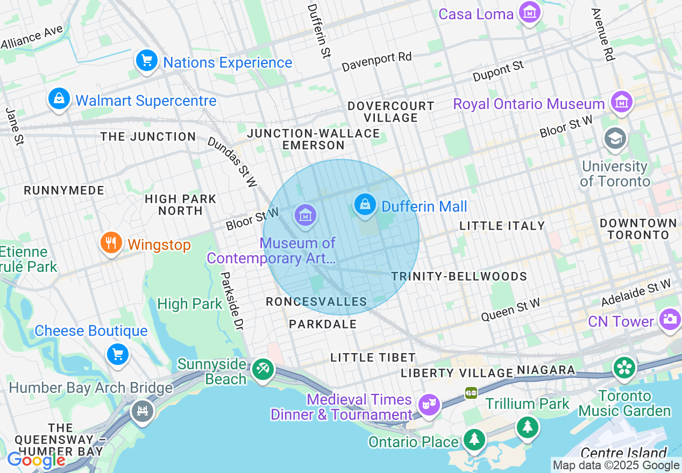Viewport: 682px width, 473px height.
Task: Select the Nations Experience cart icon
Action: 146,61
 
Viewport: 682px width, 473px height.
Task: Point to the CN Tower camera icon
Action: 670,320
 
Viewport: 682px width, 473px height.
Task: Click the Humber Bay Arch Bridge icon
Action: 143,412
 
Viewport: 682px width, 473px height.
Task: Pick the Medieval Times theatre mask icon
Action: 429,404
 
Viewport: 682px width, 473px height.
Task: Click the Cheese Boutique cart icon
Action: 118,354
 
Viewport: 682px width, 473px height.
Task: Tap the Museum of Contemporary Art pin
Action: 306,216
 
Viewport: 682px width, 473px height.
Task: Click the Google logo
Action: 36,460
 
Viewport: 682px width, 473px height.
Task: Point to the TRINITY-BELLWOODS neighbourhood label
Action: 459,276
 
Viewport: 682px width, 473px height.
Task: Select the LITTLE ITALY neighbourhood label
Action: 502,226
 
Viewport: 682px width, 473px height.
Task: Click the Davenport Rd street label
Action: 376,62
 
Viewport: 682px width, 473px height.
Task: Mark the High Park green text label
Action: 189,304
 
